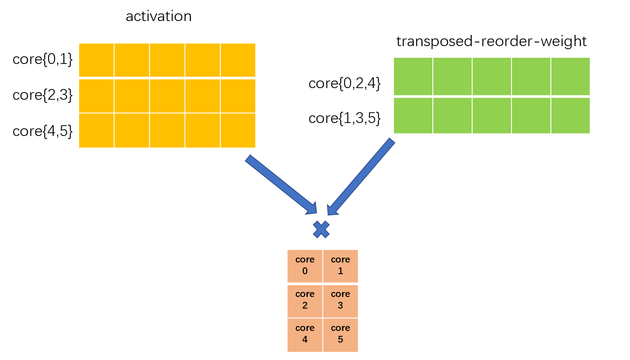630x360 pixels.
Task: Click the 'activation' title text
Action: pyautogui.click(x=159, y=17)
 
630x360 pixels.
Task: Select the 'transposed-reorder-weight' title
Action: pyautogui.click(x=491, y=42)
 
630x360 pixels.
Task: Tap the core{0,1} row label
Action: pyautogui.click(x=42, y=59)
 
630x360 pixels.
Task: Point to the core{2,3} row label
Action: pyautogui.click(x=42, y=95)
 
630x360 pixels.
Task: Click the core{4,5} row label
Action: pyautogui.click(x=42, y=131)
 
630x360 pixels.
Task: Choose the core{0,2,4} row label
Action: pyautogui.click(x=344, y=84)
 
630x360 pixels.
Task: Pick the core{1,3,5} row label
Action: pyautogui.click(x=344, y=118)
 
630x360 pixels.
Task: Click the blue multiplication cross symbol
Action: pyautogui.click(x=321, y=229)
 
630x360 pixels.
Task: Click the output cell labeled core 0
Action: pyautogui.click(x=305, y=266)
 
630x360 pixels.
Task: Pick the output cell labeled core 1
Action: pyautogui.click(x=340, y=266)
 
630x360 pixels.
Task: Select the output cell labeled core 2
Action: pyautogui.click(x=305, y=300)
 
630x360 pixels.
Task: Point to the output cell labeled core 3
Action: pyautogui.click(x=340, y=300)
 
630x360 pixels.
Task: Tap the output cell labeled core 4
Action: pyautogui.click(x=305, y=334)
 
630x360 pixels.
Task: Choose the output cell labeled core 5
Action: pyautogui.click(x=340, y=334)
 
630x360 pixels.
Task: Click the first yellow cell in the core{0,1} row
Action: pyautogui.click(x=96, y=60)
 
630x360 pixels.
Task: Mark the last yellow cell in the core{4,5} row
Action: pyautogui.click(x=238, y=131)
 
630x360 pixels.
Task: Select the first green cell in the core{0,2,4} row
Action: pyautogui.click(x=413, y=76)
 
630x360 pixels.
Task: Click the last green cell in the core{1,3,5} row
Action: pyautogui.click(x=571, y=116)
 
